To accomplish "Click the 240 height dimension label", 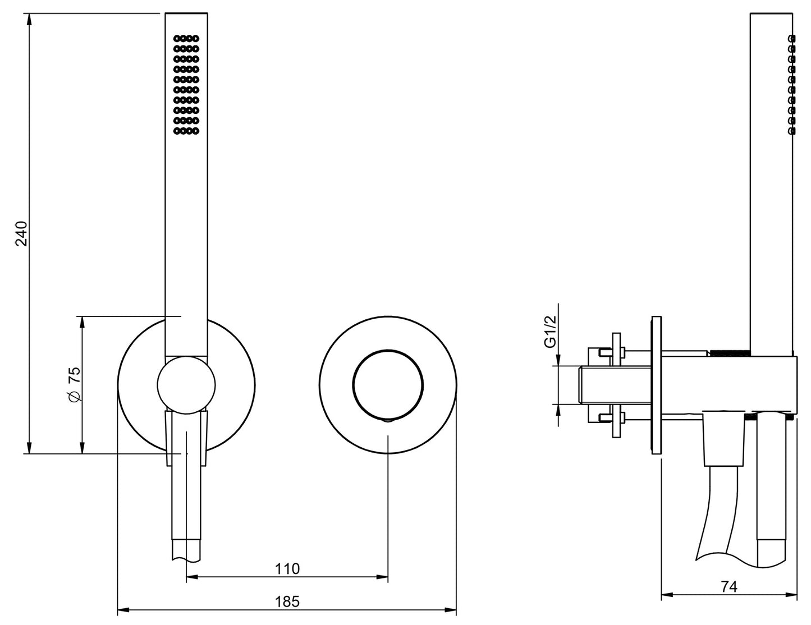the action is coord(22,233).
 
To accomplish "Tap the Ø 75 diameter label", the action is coord(74,384).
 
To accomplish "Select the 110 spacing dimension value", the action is coord(287,569).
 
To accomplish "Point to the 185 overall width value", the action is coord(287,601).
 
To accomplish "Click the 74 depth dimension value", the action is coord(728,587).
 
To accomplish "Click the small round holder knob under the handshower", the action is coord(186,385).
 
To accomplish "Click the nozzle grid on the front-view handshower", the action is coord(186,85).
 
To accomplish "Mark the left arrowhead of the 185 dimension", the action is coord(123,610).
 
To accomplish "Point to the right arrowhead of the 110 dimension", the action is coord(382,577).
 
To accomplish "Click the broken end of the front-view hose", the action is coord(186,559).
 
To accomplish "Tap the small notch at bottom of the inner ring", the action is coord(388,420).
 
